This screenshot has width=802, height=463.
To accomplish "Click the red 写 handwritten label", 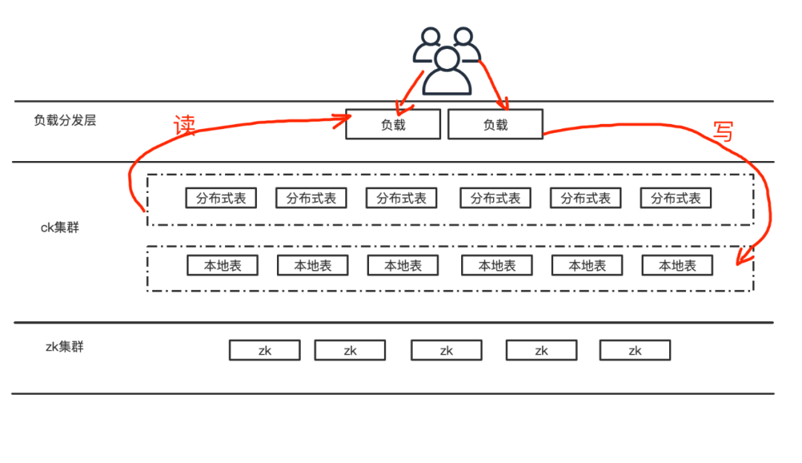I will coord(722,131).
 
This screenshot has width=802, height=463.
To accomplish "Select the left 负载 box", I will coord(393,125).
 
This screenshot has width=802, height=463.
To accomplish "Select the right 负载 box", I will coord(495,125).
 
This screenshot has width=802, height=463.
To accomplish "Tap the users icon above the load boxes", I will coord(446,61).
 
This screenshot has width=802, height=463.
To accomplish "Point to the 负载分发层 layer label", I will coord(65,120).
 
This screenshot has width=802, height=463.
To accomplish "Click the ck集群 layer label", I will coord(59,228).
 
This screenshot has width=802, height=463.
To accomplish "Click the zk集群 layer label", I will coord(65,346).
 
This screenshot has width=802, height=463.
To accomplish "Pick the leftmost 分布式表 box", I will coord(221,198).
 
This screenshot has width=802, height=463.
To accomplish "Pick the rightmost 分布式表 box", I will coord(676,198).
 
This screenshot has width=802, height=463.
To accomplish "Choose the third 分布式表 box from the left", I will coord(402,198).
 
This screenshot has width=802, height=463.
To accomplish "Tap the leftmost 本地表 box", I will coord(222,266).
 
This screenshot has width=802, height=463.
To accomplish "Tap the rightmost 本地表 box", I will coord(677,266).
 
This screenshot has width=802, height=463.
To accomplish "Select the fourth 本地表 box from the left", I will coord(497,266).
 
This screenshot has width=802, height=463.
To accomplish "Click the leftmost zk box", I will coord(264,350).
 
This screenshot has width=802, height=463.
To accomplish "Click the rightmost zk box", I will coord(635,350).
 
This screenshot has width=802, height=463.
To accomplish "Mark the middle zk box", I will coord(446,350).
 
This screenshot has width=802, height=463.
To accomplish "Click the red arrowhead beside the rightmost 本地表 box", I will coord(740,258).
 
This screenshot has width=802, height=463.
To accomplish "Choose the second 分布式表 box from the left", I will coord(311,198).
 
